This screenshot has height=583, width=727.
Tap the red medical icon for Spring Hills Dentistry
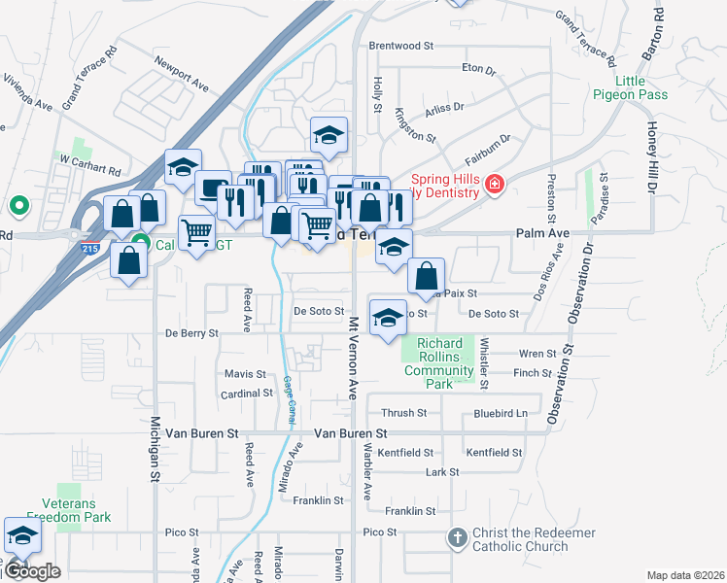point(494,185)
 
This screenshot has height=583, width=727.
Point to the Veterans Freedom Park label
point(68,518)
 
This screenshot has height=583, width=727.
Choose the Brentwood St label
point(400,46)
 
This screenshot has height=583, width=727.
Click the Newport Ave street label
point(182,73)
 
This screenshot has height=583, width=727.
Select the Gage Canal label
point(289,398)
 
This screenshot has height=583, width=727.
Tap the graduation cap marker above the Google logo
point(22,535)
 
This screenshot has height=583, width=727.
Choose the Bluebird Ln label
point(501,413)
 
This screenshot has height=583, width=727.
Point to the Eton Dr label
point(478,70)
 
